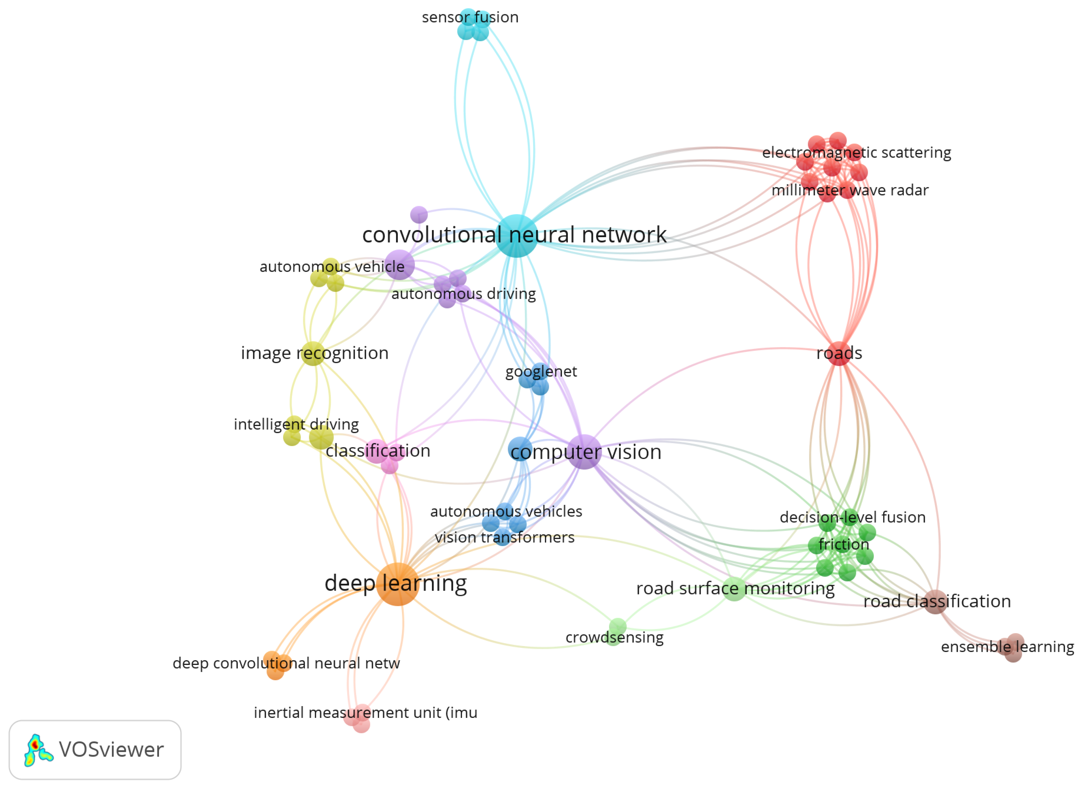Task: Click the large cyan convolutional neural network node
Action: [516, 236]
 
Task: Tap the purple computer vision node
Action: [585, 452]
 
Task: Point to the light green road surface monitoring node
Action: [734, 589]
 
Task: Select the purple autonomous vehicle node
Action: [399, 265]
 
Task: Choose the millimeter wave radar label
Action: [850, 190]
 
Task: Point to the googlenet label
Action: [541, 371]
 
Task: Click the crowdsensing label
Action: [614, 637]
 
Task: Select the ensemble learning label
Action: [1007, 647]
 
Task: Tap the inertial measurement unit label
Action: [365, 713]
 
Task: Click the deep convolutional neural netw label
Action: [286, 663]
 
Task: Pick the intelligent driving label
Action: [296, 424]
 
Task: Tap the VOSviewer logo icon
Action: [38, 750]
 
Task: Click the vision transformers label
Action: [504, 538]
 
